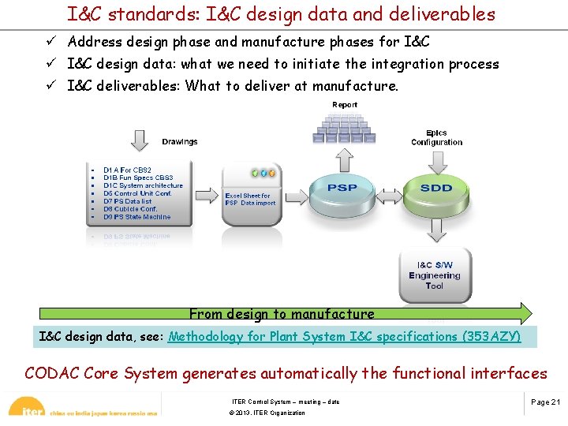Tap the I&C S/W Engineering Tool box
tap(435, 275)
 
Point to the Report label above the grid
tap(345, 104)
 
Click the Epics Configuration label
tap(436, 137)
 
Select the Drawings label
tap(180, 142)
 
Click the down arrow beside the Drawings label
tap(139, 140)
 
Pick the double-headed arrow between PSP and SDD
tap(389, 193)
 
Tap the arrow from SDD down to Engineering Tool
tap(436, 230)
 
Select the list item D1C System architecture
tap(143, 185)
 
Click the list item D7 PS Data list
tap(127, 201)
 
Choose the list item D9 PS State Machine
tap(136, 217)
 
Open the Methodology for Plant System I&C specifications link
tap(344, 337)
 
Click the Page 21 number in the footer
tap(545, 402)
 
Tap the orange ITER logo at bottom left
tap(25, 409)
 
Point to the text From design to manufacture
tap(282, 314)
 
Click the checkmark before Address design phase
tap(50, 42)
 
